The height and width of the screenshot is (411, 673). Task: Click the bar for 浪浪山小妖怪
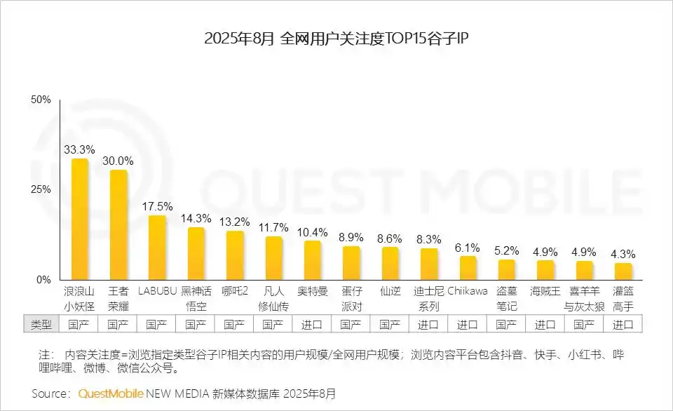coord(81,219)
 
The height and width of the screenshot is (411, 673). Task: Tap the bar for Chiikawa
coord(468,268)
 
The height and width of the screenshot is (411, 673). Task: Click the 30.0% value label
coord(118,161)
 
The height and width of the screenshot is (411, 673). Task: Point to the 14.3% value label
coord(196,218)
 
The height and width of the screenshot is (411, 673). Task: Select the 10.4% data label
coord(313,232)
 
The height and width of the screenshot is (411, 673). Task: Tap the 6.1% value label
coord(468,248)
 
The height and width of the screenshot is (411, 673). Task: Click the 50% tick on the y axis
coord(41,100)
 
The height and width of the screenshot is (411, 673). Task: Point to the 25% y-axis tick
coord(41,190)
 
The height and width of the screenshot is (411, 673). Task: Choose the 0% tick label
coord(44,280)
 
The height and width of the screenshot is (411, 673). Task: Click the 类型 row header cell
coord(41,325)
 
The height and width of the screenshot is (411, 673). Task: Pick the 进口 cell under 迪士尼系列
coord(428,325)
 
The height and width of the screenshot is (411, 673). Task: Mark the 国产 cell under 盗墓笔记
coord(506,325)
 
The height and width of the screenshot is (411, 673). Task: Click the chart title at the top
coord(336,39)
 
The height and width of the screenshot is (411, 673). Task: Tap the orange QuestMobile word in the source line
coord(111,393)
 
